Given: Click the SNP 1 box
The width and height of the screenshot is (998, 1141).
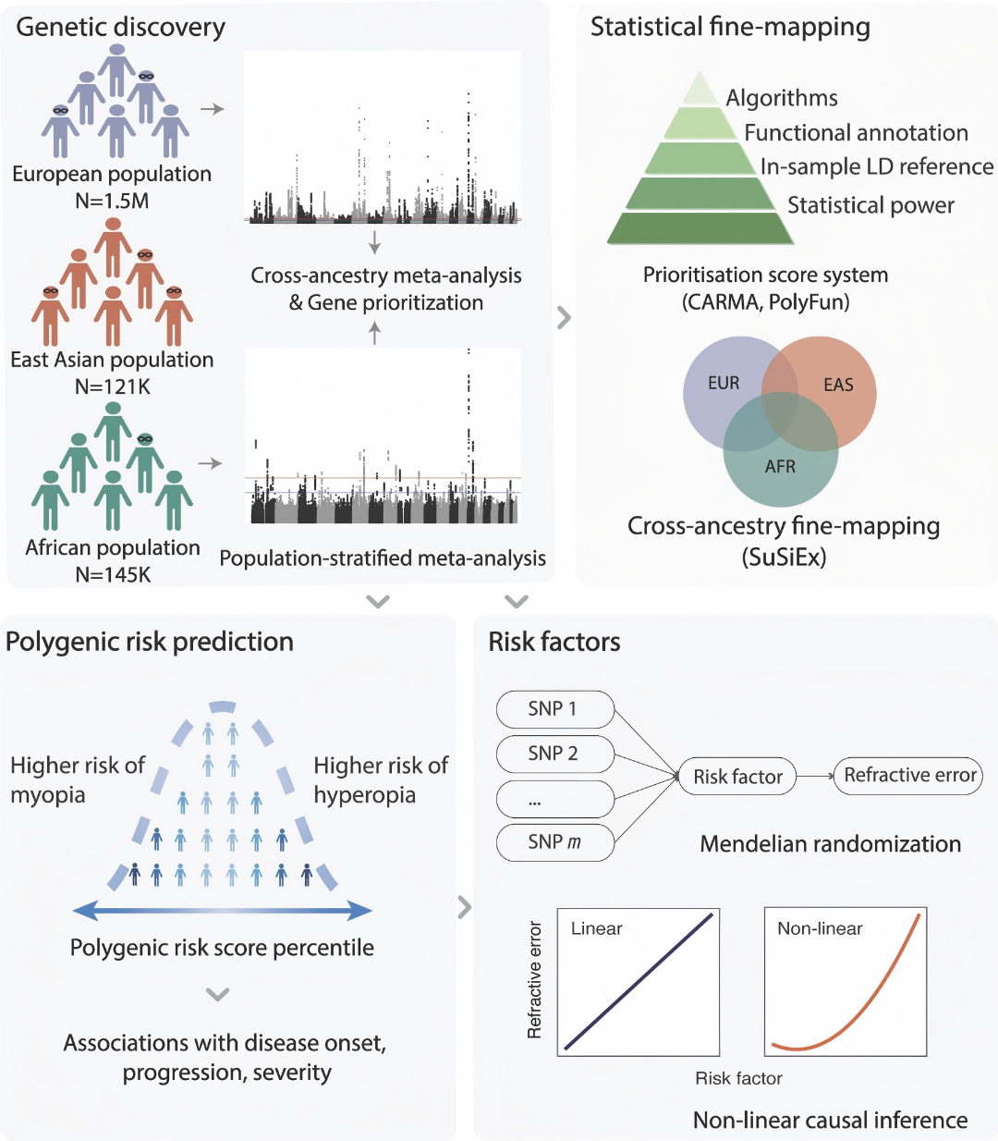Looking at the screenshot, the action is [x=555, y=709].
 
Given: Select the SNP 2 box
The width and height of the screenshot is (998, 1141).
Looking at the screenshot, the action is [x=555, y=754].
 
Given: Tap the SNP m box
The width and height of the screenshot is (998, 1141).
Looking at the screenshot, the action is [x=555, y=842].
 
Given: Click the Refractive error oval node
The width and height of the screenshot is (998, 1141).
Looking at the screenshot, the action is [x=907, y=775].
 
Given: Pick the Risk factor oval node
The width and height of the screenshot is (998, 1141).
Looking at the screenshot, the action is [x=737, y=776].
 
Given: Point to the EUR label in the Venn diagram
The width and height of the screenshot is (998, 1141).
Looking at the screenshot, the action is [x=724, y=383].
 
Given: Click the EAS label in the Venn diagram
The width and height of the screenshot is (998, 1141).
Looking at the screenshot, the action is [x=838, y=385].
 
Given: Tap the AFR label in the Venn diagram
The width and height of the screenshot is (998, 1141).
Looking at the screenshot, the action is [x=780, y=466].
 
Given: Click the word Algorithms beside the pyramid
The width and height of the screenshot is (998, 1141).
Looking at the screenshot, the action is [x=781, y=98].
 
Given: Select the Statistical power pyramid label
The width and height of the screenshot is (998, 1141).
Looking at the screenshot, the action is [x=870, y=205].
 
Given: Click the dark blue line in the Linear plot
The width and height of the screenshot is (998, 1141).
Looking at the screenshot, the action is [x=639, y=982].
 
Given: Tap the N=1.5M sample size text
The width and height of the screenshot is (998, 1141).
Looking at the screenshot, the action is [x=112, y=201].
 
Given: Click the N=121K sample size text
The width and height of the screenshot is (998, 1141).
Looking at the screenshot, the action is [x=113, y=386].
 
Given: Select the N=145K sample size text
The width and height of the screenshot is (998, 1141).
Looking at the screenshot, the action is [x=113, y=574].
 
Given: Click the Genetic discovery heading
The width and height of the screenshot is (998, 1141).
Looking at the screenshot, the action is [x=120, y=28].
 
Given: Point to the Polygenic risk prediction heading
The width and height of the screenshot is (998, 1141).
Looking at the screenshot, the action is [x=150, y=642].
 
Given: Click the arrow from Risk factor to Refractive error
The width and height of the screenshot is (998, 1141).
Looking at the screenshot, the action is [x=815, y=776].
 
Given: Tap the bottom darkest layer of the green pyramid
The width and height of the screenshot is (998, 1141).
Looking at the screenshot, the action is [x=700, y=228].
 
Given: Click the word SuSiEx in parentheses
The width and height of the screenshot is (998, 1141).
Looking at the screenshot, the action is [x=784, y=558].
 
